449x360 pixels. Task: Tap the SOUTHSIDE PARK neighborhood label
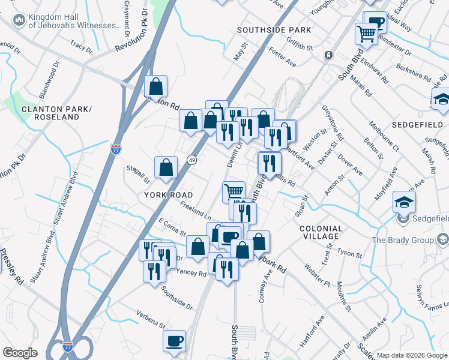(x=274, y=29)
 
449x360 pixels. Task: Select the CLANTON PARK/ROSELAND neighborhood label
(x=50, y=113)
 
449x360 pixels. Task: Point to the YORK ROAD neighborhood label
(x=168, y=195)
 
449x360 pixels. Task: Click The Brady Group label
(x=402, y=240)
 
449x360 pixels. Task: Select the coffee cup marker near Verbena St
(x=175, y=341)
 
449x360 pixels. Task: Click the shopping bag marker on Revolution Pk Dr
(x=155, y=87)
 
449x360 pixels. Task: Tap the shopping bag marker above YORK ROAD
(x=166, y=167)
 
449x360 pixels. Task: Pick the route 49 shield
(x=191, y=160)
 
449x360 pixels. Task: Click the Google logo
(x=20, y=353)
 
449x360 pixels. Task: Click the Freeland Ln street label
(x=196, y=211)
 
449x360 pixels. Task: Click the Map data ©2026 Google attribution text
(x=412, y=355)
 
